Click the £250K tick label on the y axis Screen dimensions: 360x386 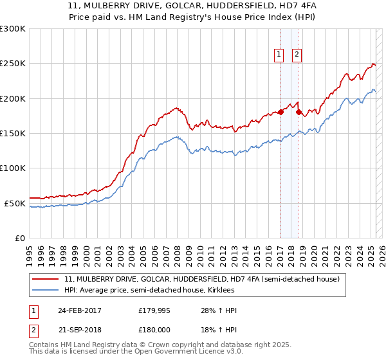(x=13, y=64)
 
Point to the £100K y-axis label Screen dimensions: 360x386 (x=13, y=168)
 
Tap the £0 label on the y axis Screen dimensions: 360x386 (x=19, y=238)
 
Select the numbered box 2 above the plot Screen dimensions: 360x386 (x=297, y=55)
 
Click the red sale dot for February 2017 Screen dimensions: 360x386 (x=280, y=113)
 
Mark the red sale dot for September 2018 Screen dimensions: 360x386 (x=299, y=113)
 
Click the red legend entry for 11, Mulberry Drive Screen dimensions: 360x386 (x=206, y=279)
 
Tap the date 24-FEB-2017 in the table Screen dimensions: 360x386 (x=80, y=310)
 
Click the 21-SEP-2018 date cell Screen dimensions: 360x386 (x=80, y=330)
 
